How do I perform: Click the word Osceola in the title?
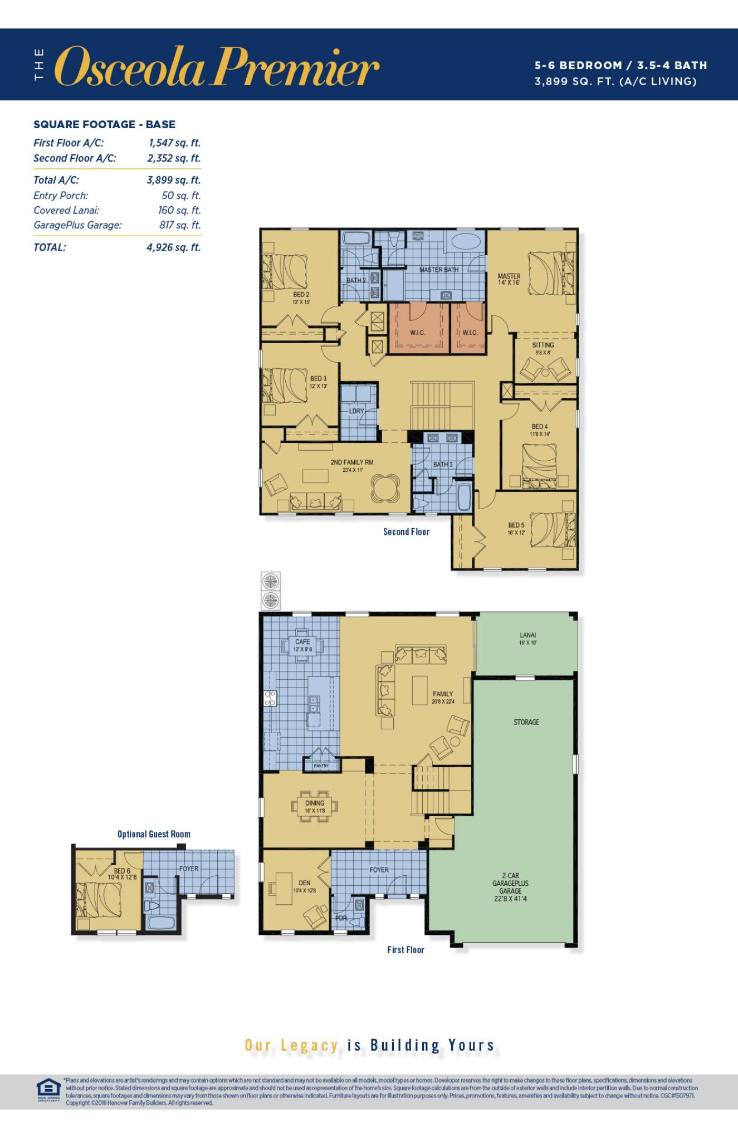[x=131, y=67]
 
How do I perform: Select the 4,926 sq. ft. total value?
[x=173, y=247]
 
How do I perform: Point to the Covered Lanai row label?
[x=66, y=210]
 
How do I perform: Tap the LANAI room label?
[x=527, y=635]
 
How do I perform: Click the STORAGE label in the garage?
[x=526, y=722]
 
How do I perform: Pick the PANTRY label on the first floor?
[x=321, y=766]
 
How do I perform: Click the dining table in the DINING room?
[x=315, y=806]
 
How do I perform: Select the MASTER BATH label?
[x=439, y=270]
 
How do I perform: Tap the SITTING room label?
[x=542, y=345]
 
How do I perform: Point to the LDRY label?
[x=356, y=411]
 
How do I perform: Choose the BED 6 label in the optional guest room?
[x=121, y=871]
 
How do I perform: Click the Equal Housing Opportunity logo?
[x=47, y=1087]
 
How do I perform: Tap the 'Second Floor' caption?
[x=406, y=532]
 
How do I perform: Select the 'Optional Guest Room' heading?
[x=154, y=834]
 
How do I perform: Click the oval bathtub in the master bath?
[x=466, y=243]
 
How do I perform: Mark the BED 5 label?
[x=516, y=525]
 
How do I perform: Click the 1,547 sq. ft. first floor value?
[x=174, y=143]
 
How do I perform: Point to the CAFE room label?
[x=302, y=642]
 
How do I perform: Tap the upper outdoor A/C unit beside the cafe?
[x=271, y=582]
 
